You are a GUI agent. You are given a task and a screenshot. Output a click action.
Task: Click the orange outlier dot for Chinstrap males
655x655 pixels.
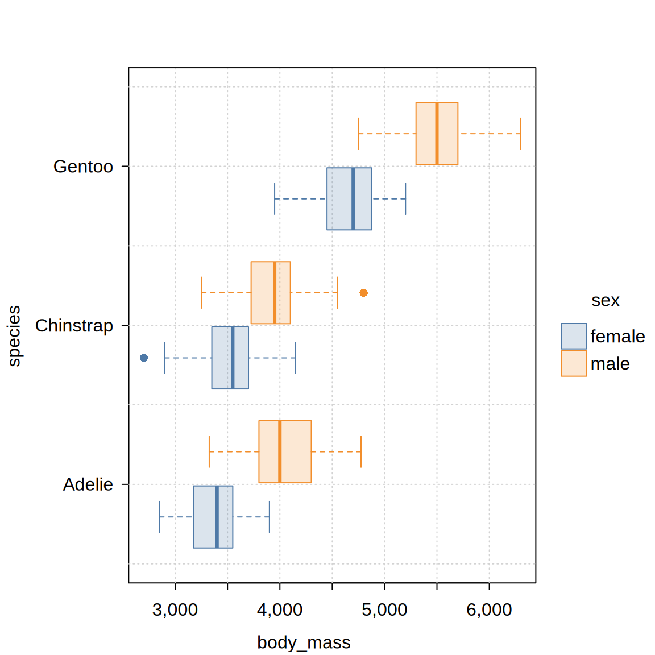pos(364,293)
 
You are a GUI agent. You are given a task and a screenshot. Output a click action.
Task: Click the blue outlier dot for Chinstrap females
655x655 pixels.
pos(144,358)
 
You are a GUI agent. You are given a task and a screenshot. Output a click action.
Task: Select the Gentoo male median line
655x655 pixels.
pos(437,134)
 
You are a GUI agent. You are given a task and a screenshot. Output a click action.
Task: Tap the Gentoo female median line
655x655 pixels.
pos(353,198)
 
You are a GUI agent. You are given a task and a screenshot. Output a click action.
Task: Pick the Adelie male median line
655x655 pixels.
pos(280,451)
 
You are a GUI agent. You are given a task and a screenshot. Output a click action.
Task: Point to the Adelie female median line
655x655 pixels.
pos(217,517)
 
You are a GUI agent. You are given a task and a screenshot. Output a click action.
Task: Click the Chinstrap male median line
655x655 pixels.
pos(275,293)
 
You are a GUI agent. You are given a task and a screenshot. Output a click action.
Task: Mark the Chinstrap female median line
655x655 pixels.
pos(233,358)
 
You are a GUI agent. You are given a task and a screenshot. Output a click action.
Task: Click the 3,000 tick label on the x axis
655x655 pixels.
pos(175,610)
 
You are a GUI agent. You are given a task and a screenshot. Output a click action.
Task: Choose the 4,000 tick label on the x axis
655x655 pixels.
pos(280,610)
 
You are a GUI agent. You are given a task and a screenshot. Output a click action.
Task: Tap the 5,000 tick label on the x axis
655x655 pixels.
pos(384,610)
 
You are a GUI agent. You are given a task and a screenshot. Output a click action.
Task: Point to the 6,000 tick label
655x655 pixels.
pos(489,610)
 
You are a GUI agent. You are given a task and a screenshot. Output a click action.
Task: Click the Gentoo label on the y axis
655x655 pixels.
pos(83,167)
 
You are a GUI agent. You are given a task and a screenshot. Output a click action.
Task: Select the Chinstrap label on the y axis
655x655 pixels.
pos(74,326)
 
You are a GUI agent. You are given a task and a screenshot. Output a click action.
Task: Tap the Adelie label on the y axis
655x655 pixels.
pos(88,484)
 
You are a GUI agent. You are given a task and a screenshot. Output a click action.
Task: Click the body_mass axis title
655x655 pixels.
pos(304,642)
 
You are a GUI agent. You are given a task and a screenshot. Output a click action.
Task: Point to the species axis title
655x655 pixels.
pos(14,336)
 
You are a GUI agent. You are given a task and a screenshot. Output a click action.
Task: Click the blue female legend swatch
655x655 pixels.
pos(574,336)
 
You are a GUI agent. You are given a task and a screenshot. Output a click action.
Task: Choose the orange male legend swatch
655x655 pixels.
pos(574,363)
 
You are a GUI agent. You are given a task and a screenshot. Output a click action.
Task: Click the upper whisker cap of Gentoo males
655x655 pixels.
pos(521,134)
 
